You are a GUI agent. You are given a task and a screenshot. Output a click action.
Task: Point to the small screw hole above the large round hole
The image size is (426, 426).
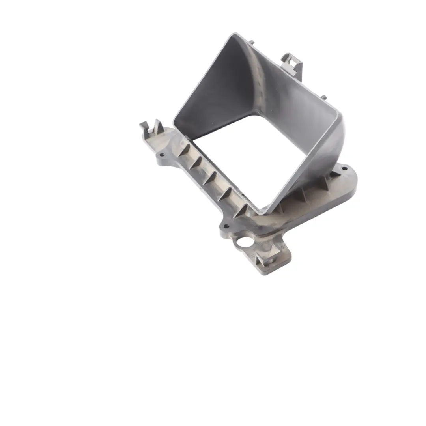tap(226, 226)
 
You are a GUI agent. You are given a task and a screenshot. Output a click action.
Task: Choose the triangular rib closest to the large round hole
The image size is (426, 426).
tap(241, 210)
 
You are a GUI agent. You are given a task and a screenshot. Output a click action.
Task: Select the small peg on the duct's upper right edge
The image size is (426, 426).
tap(324, 97)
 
